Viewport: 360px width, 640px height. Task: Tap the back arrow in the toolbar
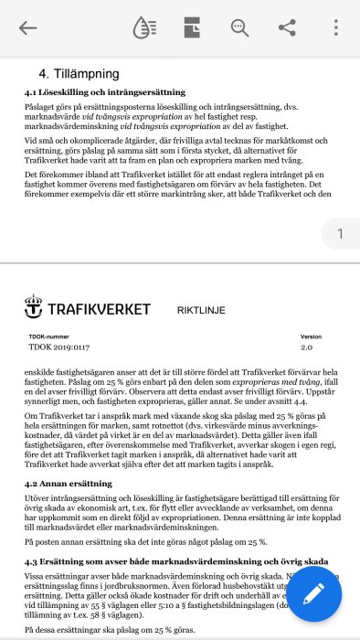[27, 27]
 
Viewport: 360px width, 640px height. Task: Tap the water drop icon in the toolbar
[144, 27]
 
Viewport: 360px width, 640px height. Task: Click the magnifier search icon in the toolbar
[240, 27]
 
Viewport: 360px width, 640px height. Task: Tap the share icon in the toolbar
[287, 27]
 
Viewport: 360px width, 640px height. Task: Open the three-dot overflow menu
[335, 27]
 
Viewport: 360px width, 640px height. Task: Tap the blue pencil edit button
[312, 593]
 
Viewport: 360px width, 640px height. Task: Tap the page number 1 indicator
[340, 235]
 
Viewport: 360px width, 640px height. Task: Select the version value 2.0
[306, 348]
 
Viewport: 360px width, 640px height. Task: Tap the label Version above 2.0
[311, 336]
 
